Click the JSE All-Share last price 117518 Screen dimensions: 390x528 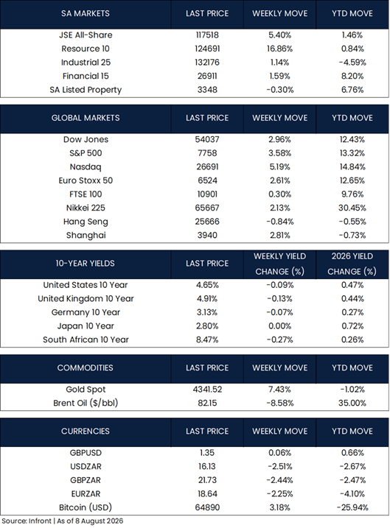click(207, 35)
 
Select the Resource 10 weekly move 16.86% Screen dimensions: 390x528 click(279, 49)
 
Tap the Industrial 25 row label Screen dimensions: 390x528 click(86, 63)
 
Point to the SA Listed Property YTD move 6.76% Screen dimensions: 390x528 click(352, 90)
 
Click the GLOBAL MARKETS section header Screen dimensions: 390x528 click(86, 118)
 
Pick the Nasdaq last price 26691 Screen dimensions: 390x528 click(207, 166)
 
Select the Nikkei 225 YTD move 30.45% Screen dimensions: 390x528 click(352, 208)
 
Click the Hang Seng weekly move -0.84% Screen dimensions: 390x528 click(279, 222)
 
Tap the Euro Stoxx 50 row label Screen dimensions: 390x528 click(86, 180)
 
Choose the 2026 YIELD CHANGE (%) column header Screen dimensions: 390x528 click(352, 264)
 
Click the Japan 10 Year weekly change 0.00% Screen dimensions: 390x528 click(279, 326)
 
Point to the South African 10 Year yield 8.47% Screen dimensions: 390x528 click(207, 339)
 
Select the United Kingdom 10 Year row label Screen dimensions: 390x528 click(86, 299)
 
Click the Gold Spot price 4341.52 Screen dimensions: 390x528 click(207, 390)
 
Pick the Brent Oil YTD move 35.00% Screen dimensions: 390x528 click(352, 403)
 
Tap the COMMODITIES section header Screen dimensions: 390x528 click(86, 367)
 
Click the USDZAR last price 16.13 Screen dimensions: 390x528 click(207, 467)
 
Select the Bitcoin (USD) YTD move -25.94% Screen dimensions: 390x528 click(352, 507)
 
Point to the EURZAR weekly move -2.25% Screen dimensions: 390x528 click(279, 494)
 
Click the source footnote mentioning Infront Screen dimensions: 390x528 click(63, 521)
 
